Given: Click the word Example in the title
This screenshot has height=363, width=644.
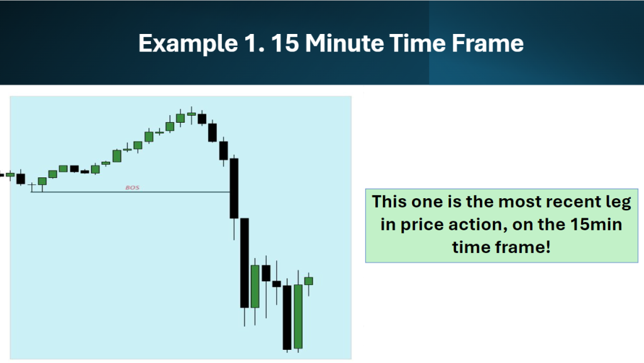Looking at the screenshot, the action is click(x=188, y=44).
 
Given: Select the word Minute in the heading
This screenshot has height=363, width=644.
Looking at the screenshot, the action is click(x=344, y=43).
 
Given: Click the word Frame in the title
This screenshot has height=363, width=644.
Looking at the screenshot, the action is click(x=487, y=43).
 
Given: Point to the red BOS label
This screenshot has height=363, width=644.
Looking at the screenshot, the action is click(x=132, y=187).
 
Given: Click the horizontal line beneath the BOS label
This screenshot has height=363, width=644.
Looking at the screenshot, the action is click(x=131, y=192).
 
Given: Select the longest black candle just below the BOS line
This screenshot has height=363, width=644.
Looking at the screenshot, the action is click(x=245, y=263).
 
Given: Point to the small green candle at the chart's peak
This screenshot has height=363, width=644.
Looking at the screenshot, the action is click(x=191, y=114).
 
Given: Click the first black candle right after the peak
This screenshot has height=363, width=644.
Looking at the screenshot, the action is click(x=202, y=119).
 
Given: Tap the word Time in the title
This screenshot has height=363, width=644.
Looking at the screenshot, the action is click(x=418, y=43).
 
